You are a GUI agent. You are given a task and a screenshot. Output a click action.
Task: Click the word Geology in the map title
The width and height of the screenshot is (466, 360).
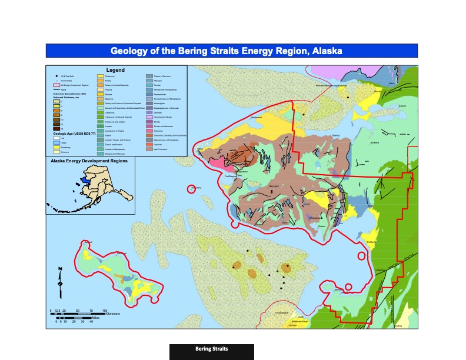131,51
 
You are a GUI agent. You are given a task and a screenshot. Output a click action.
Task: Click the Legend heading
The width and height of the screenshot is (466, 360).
115,70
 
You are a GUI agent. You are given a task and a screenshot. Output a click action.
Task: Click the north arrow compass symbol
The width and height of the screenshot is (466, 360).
60,284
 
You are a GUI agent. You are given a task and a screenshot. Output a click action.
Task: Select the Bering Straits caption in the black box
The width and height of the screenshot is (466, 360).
211,349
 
